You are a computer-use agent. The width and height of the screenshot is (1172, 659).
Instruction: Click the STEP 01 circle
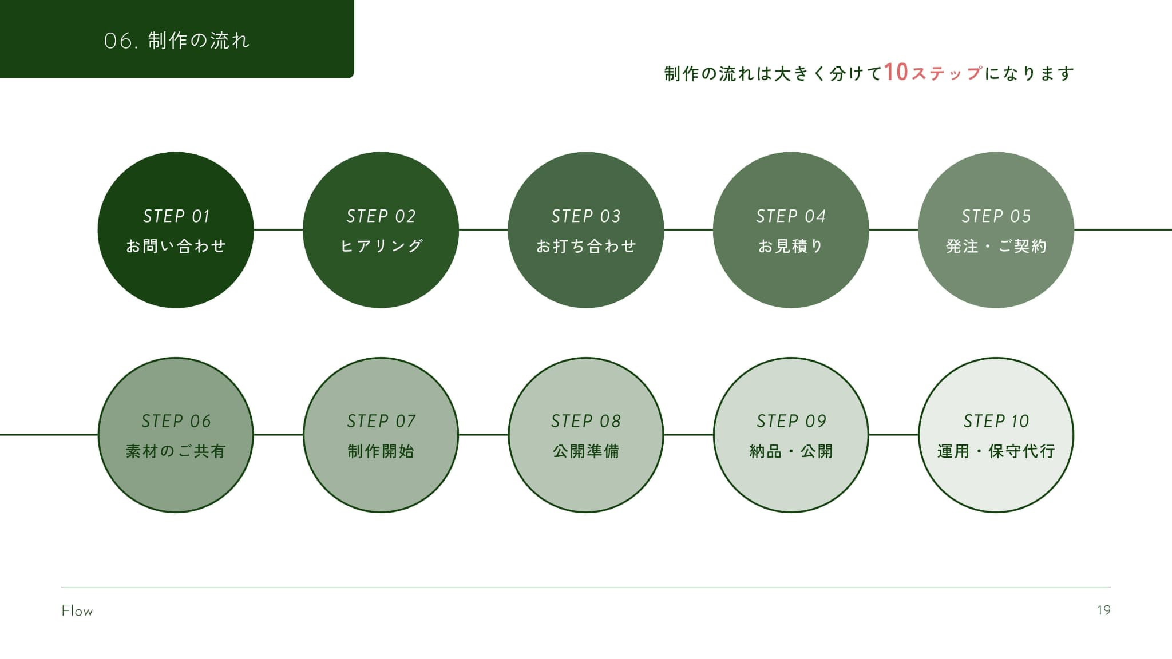tap(176, 230)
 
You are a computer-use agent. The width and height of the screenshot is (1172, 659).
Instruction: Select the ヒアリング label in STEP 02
tap(381, 246)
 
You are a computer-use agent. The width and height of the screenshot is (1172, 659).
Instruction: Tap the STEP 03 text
tap(586, 216)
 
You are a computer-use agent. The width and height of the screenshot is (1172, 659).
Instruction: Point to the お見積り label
tap(791, 246)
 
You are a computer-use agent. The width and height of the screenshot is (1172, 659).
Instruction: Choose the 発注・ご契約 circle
tap(996, 230)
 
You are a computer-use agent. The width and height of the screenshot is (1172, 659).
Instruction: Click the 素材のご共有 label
tap(176, 451)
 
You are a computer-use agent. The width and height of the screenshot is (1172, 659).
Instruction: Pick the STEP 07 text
tap(381, 422)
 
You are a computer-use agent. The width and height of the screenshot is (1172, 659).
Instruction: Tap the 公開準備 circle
tap(586, 435)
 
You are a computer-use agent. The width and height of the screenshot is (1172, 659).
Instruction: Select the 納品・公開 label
tap(791, 451)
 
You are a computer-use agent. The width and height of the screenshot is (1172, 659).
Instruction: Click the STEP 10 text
tap(996, 422)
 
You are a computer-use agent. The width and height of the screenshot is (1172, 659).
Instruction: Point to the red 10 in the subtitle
tap(896, 73)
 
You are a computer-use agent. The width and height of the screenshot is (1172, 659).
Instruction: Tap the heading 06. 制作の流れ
tap(177, 41)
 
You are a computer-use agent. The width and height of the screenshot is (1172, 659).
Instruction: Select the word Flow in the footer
tap(77, 611)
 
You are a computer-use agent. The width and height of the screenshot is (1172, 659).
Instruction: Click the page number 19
tap(1104, 610)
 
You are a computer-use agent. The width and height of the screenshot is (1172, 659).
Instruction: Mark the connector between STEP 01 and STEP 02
tap(278, 230)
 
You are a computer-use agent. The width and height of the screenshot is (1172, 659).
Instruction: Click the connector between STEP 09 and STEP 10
tap(893, 435)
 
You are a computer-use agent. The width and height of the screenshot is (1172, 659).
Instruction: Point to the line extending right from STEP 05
tap(1123, 230)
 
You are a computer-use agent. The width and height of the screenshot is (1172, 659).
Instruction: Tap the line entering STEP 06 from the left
tap(49, 435)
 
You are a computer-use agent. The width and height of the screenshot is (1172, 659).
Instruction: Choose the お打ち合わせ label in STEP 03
tap(586, 246)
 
